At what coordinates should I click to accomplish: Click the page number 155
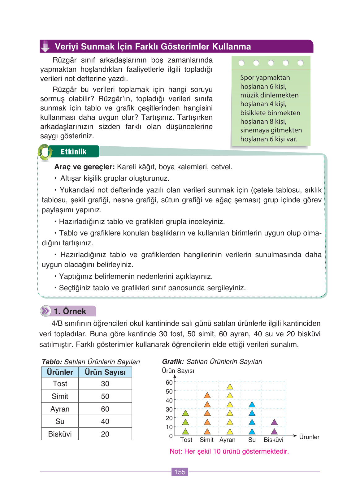180,472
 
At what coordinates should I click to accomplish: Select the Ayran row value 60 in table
105,409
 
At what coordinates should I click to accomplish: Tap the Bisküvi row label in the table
60,434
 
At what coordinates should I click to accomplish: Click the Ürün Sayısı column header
105,372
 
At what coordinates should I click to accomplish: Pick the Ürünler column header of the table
60,372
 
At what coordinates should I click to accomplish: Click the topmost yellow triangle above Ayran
230,386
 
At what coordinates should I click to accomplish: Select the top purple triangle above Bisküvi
274,422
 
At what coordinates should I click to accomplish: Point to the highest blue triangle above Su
252,404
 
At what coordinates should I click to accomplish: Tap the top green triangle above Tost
185,413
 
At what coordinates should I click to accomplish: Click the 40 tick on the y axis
169,400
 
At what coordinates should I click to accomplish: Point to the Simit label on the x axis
206,440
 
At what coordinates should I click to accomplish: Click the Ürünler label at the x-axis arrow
309,437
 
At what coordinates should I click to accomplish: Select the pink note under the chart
229,451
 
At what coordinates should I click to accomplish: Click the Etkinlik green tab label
73,152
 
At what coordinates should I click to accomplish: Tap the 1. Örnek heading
70,311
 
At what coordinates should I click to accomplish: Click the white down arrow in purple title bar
46,46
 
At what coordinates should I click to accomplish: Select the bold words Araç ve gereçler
85,167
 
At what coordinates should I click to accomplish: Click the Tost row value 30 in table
105,384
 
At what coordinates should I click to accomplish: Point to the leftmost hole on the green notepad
241,63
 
